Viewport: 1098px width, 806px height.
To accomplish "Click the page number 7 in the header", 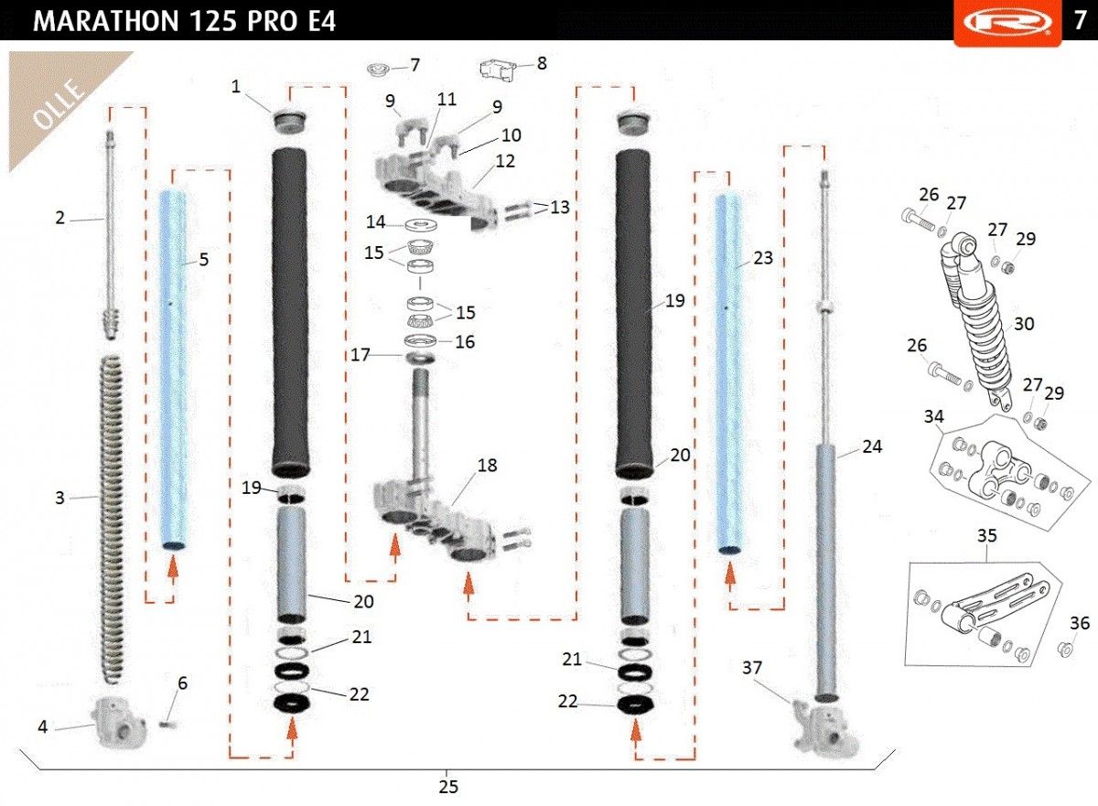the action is [1080, 20].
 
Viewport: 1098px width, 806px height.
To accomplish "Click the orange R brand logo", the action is [1007, 23].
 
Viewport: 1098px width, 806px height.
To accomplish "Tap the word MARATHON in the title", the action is [106, 21].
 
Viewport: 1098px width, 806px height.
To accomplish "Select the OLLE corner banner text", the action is [58, 105].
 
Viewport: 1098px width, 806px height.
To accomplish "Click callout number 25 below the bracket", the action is [448, 787].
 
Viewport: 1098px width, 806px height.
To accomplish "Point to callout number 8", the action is [542, 63].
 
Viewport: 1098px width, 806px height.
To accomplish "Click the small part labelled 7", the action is [379, 69].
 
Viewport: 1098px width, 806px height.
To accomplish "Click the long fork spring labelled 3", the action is [113, 520].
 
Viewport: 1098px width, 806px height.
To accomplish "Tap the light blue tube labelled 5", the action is [174, 370].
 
